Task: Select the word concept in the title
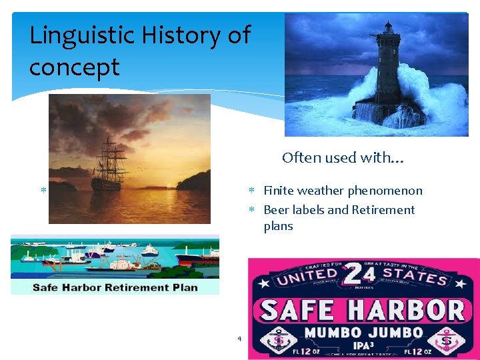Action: tap(74, 67)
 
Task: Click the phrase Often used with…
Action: tap(343, 158)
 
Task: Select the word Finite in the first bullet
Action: tap(279, 191)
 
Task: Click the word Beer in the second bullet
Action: tap(277, 210)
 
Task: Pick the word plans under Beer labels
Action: tap(278, 226)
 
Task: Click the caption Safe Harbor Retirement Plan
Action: tap(115, 287)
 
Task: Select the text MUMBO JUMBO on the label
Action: tap(363, 333)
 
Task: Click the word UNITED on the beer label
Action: tap(308, 275)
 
